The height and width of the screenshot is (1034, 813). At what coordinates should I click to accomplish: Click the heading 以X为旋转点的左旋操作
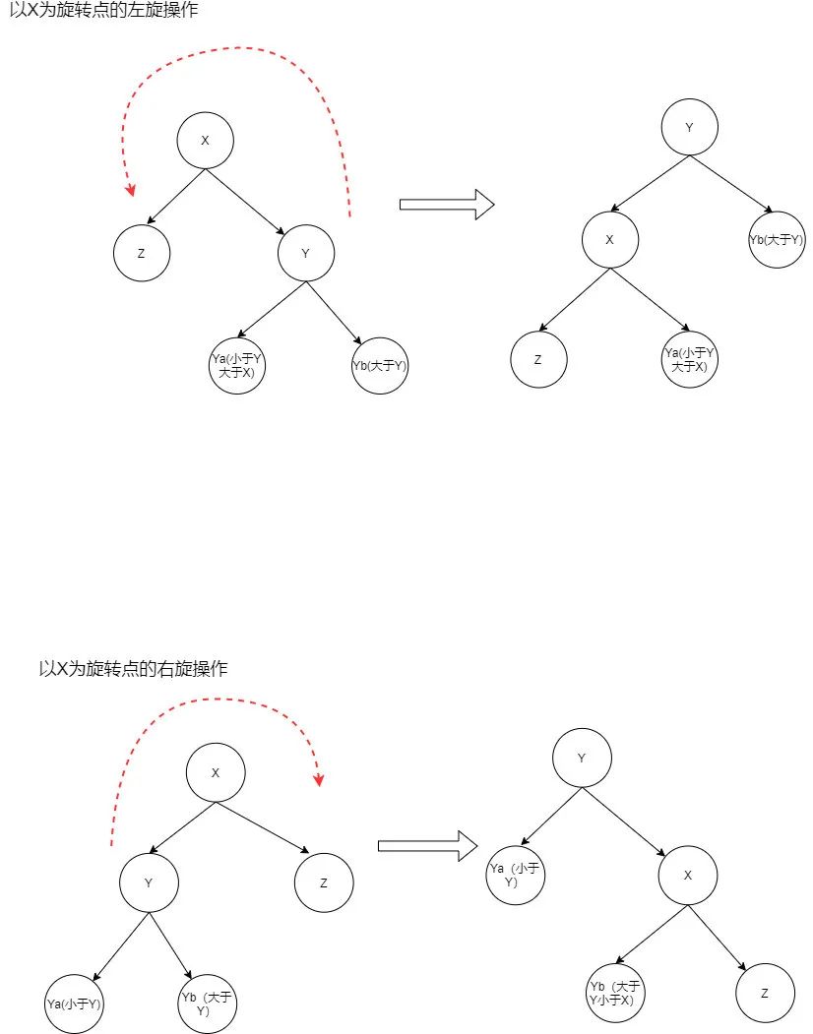(x=103, y=10)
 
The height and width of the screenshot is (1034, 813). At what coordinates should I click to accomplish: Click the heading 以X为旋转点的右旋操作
(x=133, y=669)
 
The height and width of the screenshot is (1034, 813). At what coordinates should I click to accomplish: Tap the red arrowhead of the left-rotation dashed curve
(x=131, y=189)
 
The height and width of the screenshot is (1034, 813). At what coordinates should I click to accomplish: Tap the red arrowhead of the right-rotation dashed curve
(x=319, y=779)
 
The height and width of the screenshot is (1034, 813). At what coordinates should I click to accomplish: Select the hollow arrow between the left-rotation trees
(x=447, y=205)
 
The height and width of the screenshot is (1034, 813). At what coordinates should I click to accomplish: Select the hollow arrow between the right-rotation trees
(x=427, y=845)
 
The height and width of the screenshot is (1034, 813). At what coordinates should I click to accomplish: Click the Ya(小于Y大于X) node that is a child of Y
(x=237, y=365)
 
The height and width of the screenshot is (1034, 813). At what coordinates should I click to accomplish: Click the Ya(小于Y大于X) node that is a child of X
(x=690, y=359)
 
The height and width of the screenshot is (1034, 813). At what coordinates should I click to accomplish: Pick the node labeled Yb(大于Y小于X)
(x=615, y=993)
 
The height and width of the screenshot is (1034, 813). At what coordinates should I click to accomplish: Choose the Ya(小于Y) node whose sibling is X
(x=516, y=875)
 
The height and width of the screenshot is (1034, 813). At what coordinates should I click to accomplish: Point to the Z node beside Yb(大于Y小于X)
(x=765, y=993)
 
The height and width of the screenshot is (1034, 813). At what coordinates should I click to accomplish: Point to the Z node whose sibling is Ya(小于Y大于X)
(x=538, y=359)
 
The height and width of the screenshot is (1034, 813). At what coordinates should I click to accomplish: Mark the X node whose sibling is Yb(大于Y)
(x=610, y=240)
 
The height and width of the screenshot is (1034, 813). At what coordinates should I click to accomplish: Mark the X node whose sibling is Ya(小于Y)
(x=688, y=875)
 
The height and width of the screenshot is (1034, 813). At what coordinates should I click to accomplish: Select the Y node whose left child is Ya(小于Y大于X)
(x=306, y=253)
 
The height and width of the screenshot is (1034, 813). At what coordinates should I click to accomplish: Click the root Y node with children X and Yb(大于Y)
(x=690, y=127)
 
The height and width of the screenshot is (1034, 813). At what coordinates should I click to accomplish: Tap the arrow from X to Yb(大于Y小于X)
(x=652, y=935)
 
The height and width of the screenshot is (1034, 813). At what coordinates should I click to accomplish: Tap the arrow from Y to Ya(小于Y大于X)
(x=272, y=310)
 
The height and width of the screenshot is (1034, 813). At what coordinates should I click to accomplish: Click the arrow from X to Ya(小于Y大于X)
(x=650, y=299)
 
